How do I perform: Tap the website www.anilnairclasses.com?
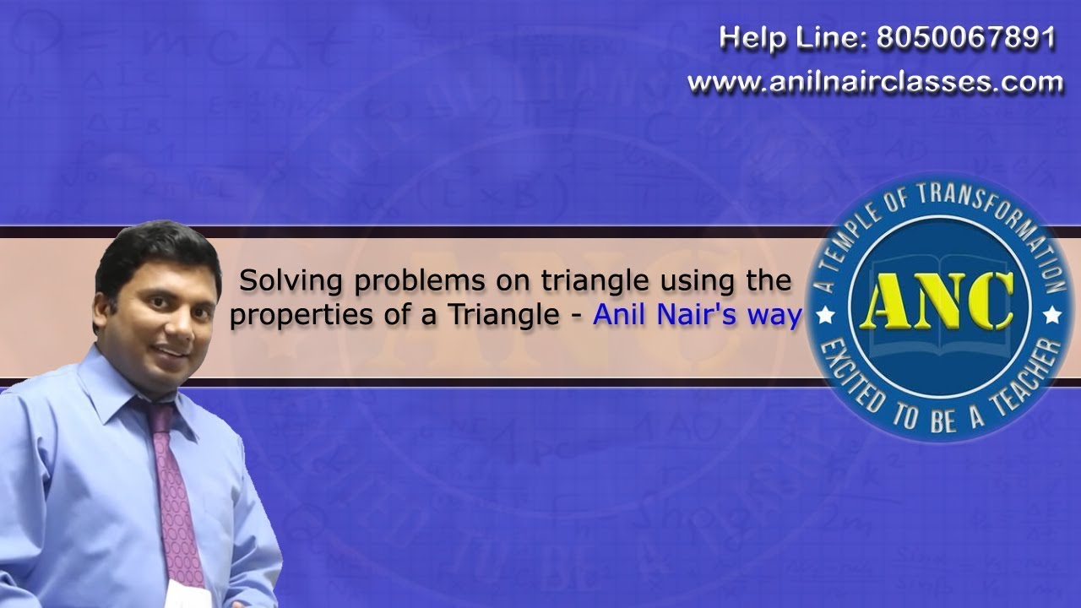point(875,82)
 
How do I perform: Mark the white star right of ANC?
point(1052,316)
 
